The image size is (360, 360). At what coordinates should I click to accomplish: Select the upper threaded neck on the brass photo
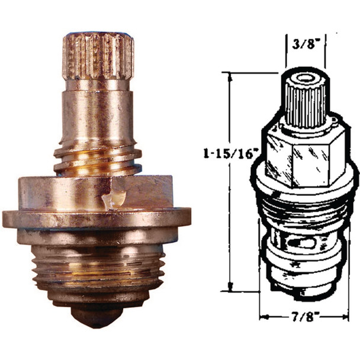pyautogui.click(x=98, y=159)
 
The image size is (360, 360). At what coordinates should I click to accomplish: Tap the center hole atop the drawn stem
pyautogui.click(x=305, y=78)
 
